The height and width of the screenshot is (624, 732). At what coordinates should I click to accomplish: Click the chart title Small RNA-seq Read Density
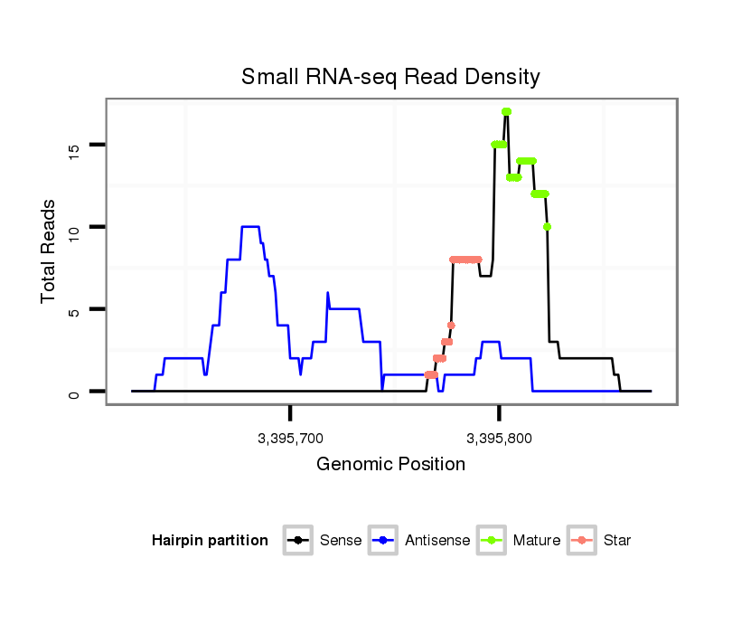(390, 77)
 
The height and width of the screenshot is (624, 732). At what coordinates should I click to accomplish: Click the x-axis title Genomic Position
(390, 465)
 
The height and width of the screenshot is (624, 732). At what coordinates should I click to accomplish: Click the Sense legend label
(340, 541)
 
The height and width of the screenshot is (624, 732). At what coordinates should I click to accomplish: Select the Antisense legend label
(436, 541)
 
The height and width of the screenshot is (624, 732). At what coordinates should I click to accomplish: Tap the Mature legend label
(536, 541)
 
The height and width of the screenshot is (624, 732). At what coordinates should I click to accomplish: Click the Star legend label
(617, 541)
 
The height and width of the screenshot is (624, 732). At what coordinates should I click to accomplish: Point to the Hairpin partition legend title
(210, 541)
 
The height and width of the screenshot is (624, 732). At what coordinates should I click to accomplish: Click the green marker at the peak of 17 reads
(506, 111)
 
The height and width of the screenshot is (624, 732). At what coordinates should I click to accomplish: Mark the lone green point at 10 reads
(548, 227)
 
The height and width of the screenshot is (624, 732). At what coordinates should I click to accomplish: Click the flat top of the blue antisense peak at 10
(250, 226)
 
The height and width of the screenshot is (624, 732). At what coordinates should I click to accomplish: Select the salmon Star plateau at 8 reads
(465, 260)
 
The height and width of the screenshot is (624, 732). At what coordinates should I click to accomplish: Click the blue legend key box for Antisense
(384, 541)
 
